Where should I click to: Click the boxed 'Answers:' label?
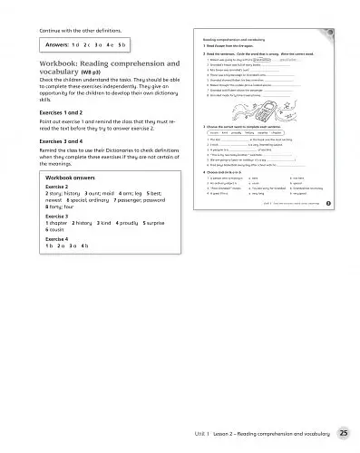[x=63, y=43]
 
